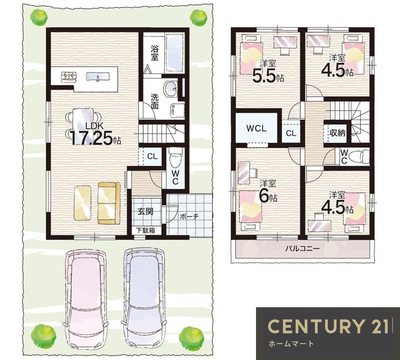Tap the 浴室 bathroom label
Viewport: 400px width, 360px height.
click(154, 53)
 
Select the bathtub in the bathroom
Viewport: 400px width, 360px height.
click(175, 53)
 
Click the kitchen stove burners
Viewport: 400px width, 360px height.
click(69, 77)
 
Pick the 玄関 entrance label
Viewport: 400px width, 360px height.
click(146, 211)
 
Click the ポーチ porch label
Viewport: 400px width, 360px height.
click(189, 217)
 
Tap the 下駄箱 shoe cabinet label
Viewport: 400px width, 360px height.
click(145, 230)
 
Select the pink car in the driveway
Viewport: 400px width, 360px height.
click(86, 299)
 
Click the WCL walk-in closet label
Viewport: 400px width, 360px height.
click(256, 128)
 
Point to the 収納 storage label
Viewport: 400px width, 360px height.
click(337, 133)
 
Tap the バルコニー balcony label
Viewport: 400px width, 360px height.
click(302, 249)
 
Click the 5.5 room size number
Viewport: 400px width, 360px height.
click(264, 76)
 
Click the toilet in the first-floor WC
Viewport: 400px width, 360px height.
click(176, 156)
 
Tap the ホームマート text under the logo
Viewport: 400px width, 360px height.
click(291, 344)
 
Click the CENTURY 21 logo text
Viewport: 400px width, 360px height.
click(328, 326)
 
